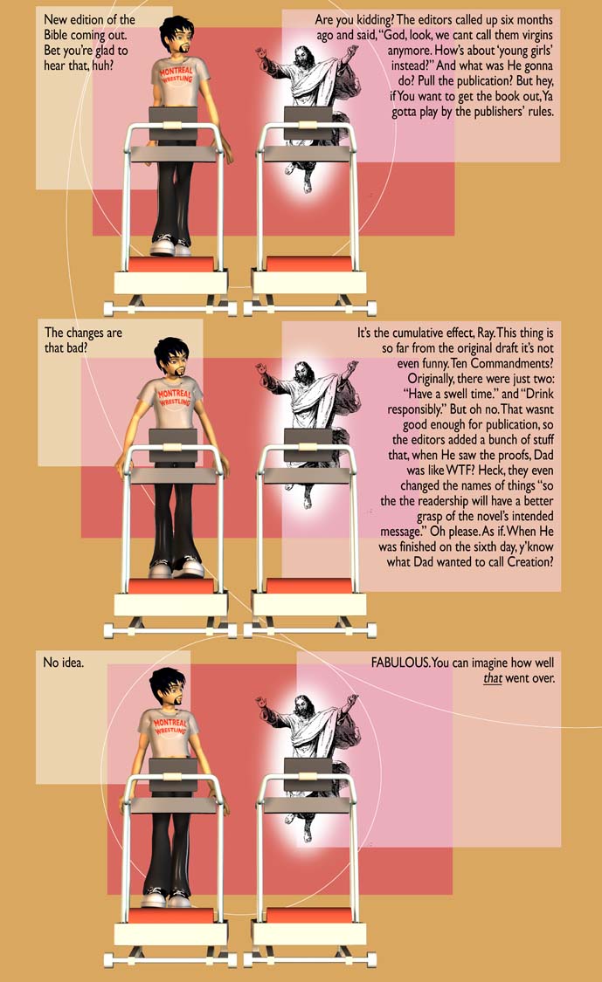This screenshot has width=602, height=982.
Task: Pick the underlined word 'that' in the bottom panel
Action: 492,678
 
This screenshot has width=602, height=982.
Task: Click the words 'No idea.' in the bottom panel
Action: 63,662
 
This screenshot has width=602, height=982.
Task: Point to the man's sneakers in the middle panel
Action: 176,567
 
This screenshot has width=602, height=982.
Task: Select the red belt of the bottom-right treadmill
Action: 308,916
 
